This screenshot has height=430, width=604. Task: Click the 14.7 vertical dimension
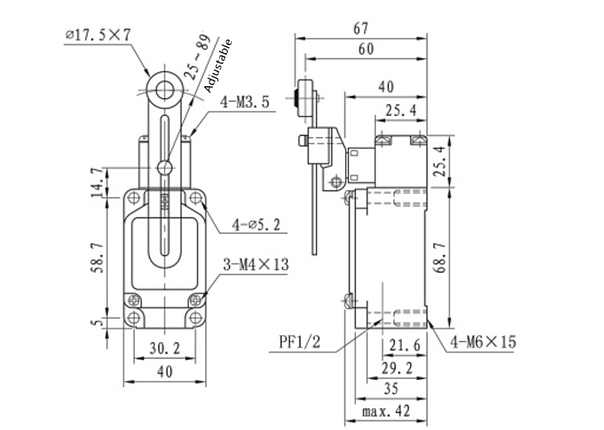point(97,182)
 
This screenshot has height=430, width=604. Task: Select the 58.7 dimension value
point(97,255)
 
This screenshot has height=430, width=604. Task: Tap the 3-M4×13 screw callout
point(257,264)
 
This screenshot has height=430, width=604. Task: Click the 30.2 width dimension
point(164,348)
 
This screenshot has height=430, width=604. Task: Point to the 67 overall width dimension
point(362,28)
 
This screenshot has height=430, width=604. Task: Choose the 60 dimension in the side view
point(365,50)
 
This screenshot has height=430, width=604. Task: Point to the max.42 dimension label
point(386,412)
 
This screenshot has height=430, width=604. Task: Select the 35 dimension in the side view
point(391,389)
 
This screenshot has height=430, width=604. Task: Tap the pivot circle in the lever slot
point(165,167)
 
